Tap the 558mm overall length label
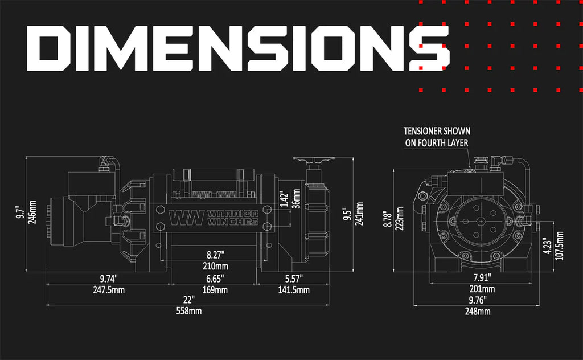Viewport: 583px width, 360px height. pyautogui.click(x=189, y=311)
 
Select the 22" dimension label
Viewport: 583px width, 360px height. pyautogui.click(x=189, y=300)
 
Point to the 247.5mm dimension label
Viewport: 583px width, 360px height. pyautogui.click(x=108, y=290)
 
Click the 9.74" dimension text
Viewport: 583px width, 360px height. pyautogui.click(x=108, y=279)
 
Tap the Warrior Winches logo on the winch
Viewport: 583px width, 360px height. pyautogui.click(x=214, y=217)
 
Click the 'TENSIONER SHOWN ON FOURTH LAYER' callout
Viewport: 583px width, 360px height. pyautogui.click(x=437, y=137)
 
